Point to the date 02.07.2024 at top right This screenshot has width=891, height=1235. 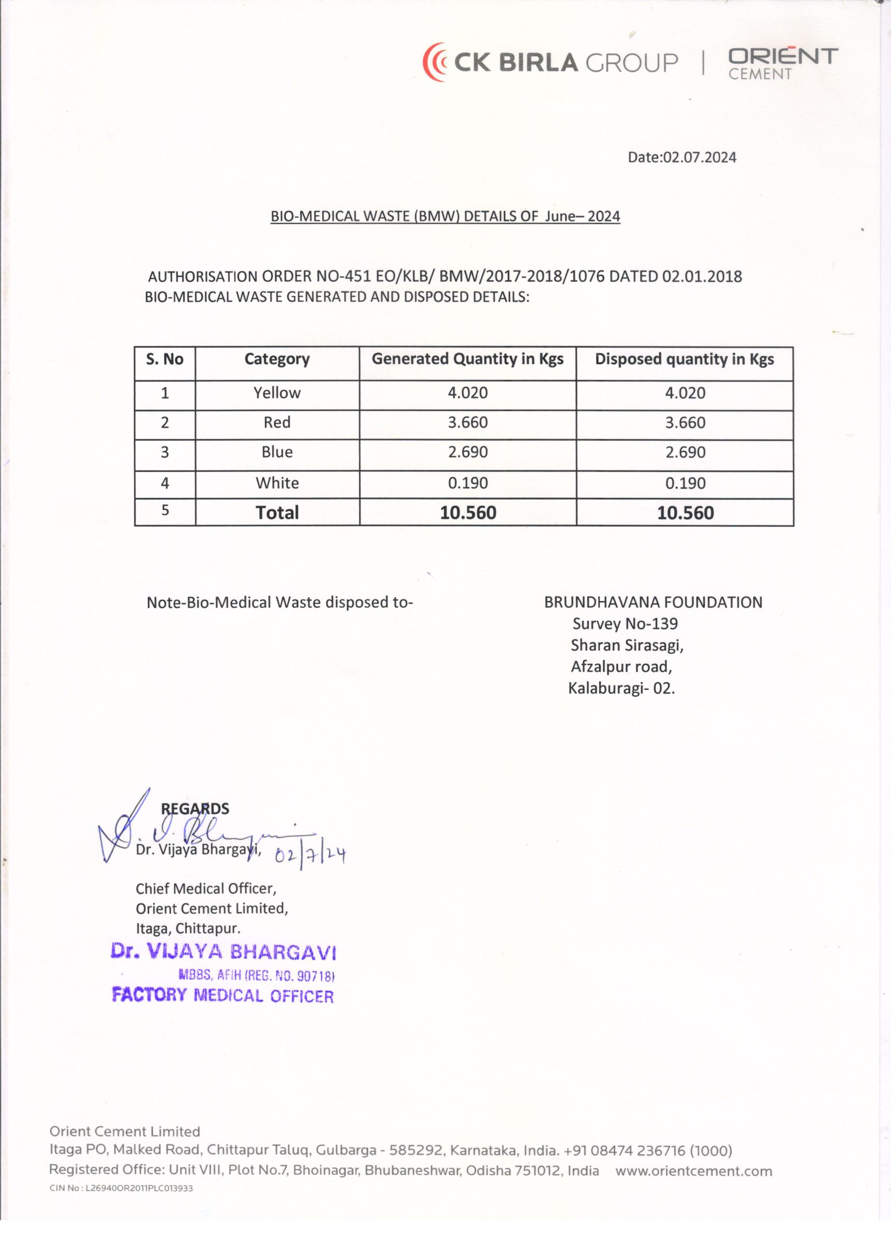click(x=682, y=157)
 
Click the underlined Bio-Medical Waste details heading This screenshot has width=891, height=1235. click(x=445, y=216)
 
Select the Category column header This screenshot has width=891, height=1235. click(x=277, y=359)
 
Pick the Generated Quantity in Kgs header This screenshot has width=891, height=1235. click(x=467, y=359)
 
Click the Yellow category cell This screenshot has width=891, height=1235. click(x=277, y=393)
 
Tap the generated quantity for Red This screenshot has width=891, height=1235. click(x=467, y=423)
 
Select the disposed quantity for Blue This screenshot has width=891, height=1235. click(x=685, y=453)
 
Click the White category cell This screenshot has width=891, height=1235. click(x=277, y=483)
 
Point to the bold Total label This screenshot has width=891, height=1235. click(x=277, y=512)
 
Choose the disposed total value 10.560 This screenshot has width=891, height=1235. click(x=685, y=513)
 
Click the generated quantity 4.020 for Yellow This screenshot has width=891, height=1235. click(x=467, y=393)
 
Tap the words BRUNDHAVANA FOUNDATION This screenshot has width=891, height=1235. click(x=653, y=602)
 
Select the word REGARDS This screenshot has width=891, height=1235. click(x=195, y=809)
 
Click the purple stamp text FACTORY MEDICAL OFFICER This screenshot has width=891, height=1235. click(x=222, y=996)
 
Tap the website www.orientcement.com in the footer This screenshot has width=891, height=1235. click(x=694, y=1171)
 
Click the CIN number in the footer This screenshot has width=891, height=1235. click(x=121, y=1188)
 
